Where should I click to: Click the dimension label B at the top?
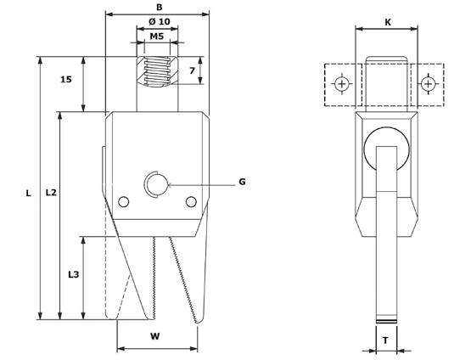point(159,6)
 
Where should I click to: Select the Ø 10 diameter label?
point(158,20)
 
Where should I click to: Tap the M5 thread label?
point(157,37)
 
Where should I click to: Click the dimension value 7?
point(194,70)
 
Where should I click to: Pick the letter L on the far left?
point(28,194)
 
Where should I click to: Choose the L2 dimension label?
point(50,194)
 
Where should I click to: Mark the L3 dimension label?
point(73,276)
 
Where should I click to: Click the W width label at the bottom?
point(155,336)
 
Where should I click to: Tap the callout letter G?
point(242,182)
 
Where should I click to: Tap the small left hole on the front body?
point(125,201)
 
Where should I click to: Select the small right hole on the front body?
point(191,201)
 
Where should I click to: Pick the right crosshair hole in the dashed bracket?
point(429,84)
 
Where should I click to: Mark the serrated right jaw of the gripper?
point(187,280)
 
